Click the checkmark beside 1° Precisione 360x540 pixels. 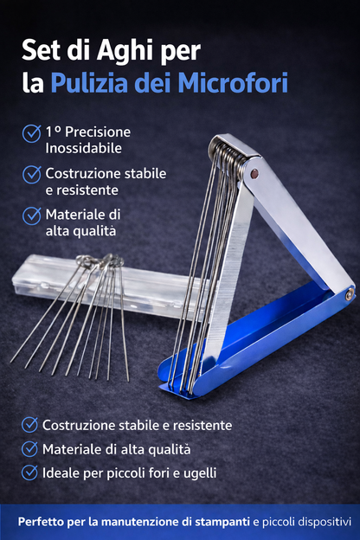pyautogui.click(x=32, y=132)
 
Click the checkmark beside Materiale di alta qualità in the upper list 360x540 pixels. pyautogui.click(x=32, y=215)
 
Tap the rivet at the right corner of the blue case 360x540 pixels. pyautogui.click(x=348, y=294)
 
